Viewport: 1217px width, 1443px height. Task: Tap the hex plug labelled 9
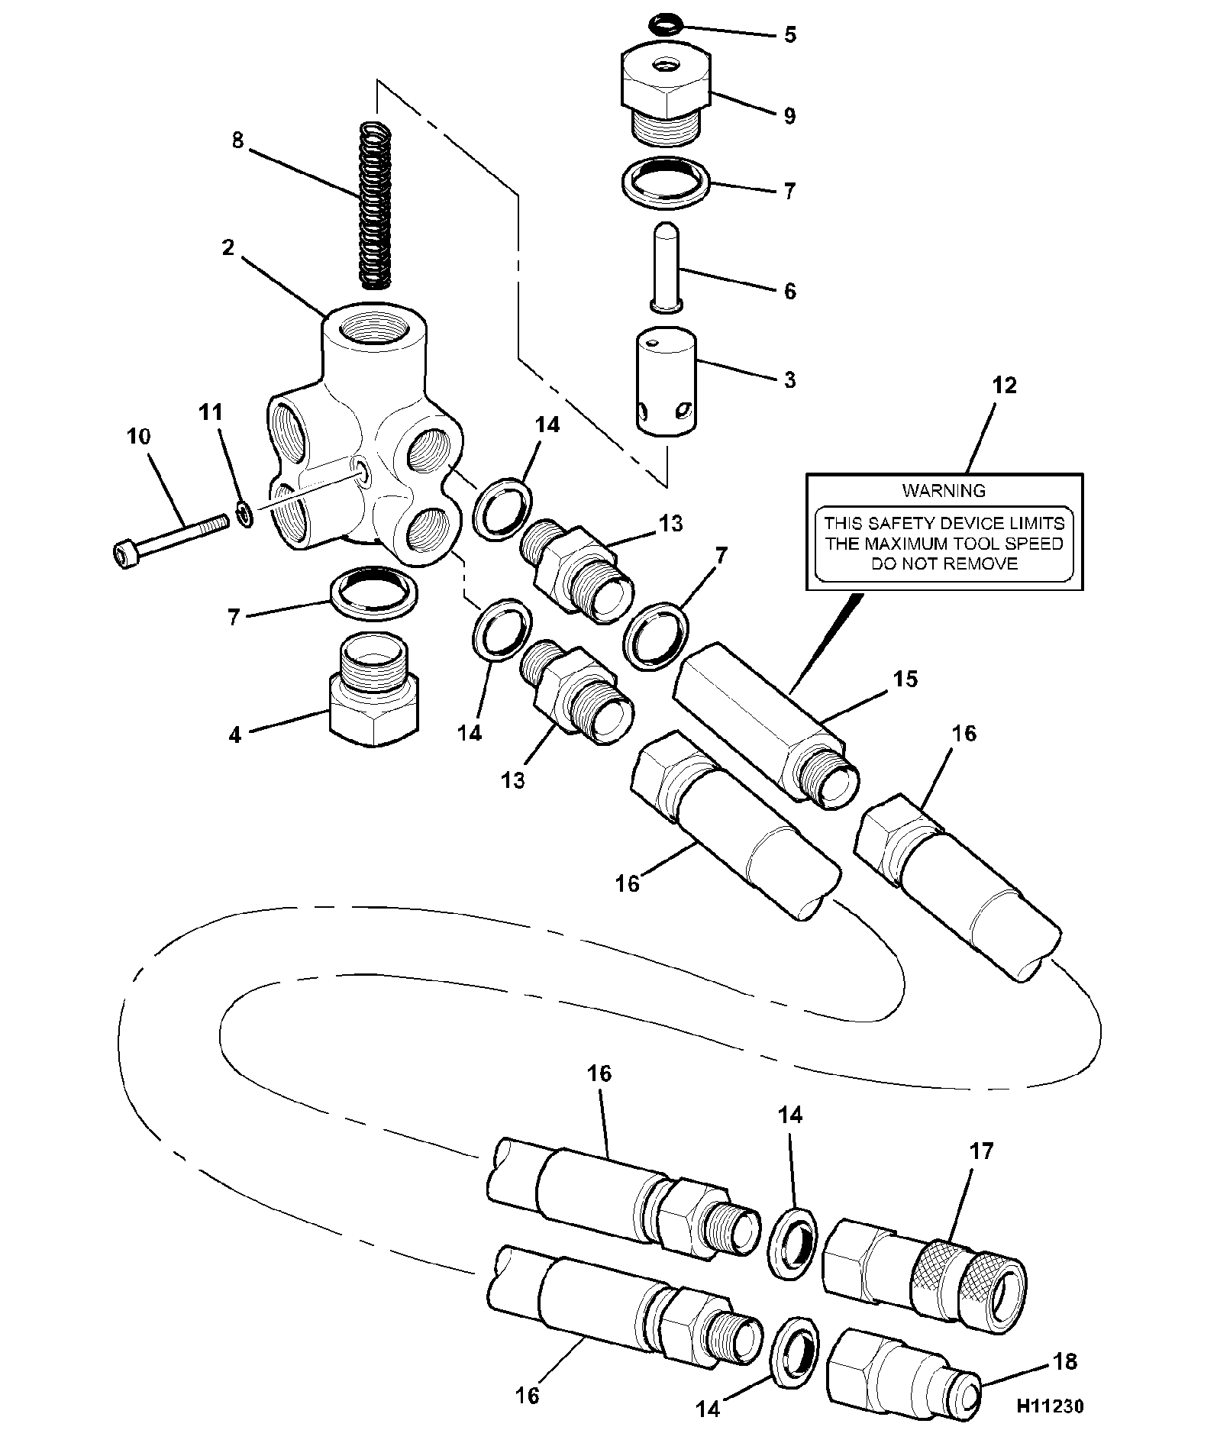663,95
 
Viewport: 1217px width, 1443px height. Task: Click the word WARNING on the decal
944,491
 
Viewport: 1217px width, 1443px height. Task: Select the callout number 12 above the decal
1005,386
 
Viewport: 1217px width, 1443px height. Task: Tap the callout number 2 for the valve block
228,249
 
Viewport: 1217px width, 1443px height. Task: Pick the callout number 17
981,1150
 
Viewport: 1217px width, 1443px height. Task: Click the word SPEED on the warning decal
1034,544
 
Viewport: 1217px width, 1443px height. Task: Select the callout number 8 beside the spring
238,141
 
